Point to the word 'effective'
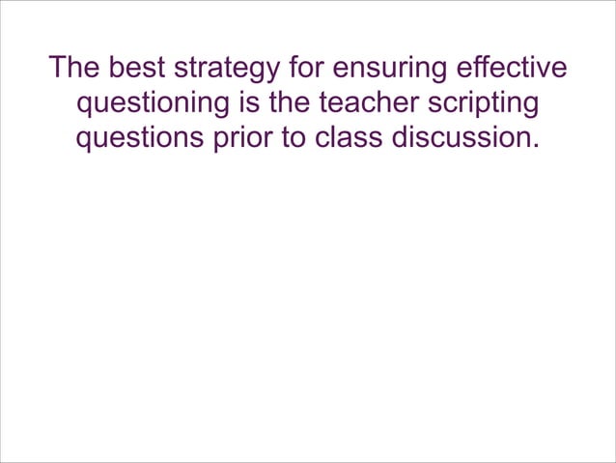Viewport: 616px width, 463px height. (515, 70)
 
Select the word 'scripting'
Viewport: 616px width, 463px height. (488, 105)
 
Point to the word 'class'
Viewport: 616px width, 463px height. (349, 137)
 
